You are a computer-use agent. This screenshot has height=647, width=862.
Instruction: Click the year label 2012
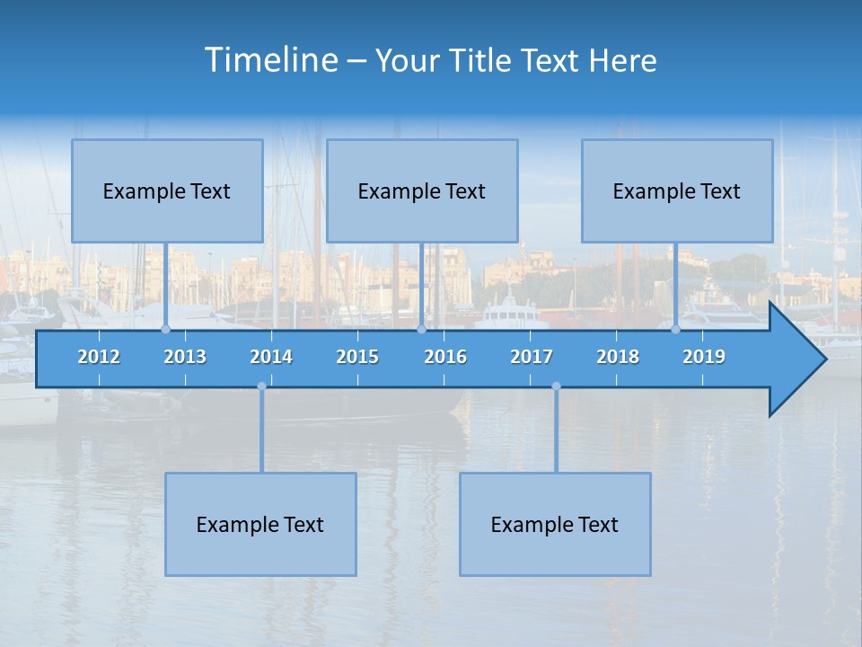point(99,357)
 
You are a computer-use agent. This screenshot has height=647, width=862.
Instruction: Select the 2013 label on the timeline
point(185,357)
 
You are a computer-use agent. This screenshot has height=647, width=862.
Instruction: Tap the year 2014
point(271,357)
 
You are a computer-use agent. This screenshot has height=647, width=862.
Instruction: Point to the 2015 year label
point(357,357)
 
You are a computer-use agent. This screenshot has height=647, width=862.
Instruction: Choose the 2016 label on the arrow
point(445,357)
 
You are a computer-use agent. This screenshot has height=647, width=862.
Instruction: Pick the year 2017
point(532,357)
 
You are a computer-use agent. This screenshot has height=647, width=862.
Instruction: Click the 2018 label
point(618,357)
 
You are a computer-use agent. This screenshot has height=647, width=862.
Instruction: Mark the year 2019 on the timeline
point(704,357)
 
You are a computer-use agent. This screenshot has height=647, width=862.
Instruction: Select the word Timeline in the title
point(271,60)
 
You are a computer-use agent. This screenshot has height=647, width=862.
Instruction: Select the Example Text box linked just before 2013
point(167,191)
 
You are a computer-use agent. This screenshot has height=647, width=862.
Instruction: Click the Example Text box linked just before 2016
point(422,191)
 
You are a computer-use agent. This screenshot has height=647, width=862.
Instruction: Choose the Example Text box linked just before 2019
point(677,191)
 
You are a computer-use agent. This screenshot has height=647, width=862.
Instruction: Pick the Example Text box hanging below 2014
point(260,524)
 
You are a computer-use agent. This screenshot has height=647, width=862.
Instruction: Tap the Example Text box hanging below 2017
point(555,524)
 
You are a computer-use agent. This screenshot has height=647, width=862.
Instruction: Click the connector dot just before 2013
point(165,329)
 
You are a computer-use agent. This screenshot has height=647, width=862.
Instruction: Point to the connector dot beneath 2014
point(261,386)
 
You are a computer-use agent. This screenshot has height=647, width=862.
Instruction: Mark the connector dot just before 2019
point(675,329)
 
